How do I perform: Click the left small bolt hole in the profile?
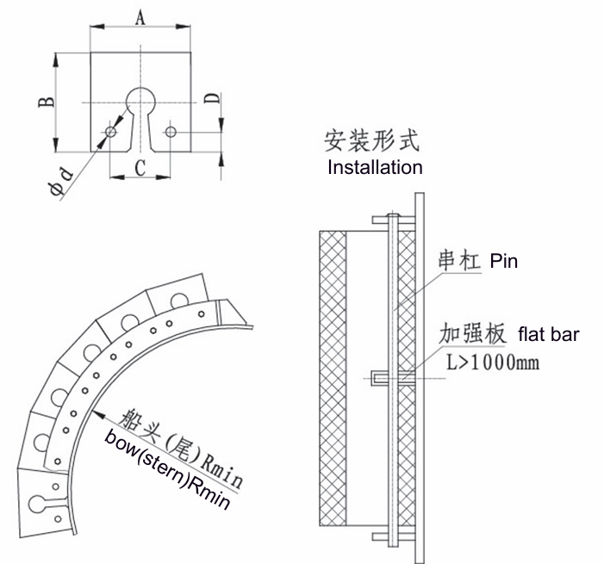point(110,132)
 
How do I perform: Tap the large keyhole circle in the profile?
point(140,101)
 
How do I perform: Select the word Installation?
point(375,167)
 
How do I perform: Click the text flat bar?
point(547,334)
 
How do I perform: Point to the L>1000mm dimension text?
point(493,363)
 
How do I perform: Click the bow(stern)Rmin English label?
point(168,470)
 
